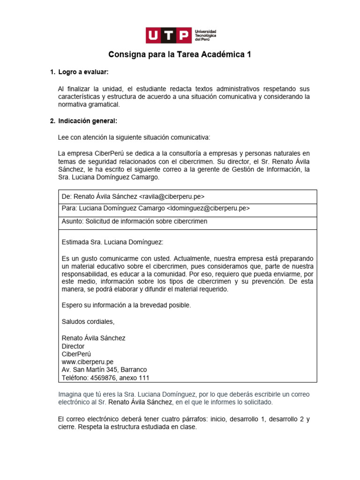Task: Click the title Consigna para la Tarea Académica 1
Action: click(x=180, y=55)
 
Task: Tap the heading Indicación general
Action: click(x=88, y=121)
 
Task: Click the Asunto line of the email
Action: click(x=135, y=221)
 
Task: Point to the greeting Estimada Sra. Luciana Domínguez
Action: click(x=112, y=242)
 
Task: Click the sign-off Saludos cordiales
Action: click(x=88, y=322)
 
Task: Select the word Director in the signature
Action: click(x=73, y=346)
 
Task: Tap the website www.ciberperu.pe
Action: click(x=88, y=362)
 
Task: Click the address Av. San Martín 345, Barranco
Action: click(x=104, y=370)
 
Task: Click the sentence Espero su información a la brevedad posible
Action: click(x=126, y=305)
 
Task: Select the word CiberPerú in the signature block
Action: click(x=76, y=354)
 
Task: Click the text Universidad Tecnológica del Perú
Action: click(x=205, y=35)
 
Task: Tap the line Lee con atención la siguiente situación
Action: click(x=134, y=137)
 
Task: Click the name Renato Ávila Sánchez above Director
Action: click(x=94, y=338)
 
